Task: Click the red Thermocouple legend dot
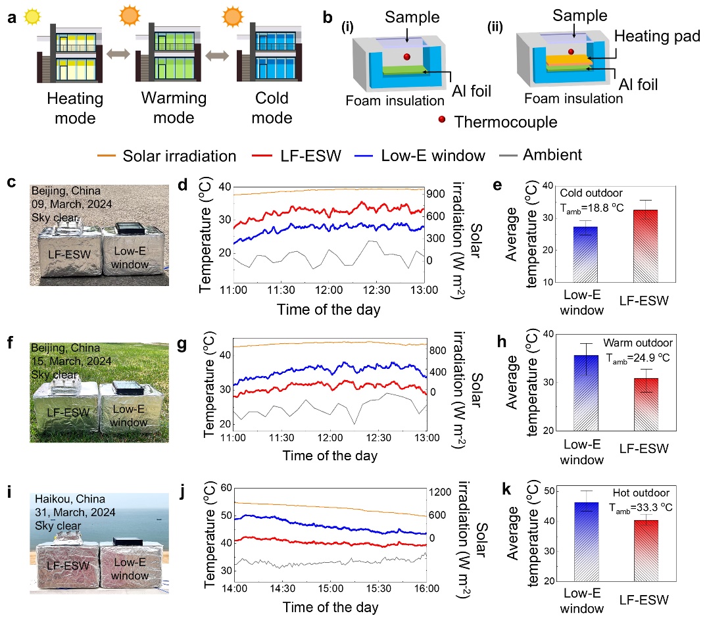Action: pos(441,122)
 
